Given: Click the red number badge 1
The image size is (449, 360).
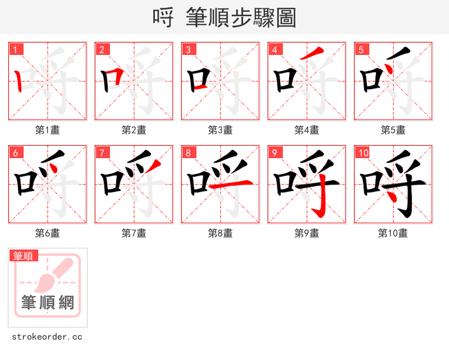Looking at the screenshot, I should coord(16,49).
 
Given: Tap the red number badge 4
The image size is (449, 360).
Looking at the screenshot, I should coord(275,49).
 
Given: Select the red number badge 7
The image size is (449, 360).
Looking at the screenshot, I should coord(102,153).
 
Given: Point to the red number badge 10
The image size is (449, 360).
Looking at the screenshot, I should coord(363,153).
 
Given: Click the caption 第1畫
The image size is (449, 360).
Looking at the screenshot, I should coord(48,130).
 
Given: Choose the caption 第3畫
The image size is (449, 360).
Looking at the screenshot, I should coord(221,130).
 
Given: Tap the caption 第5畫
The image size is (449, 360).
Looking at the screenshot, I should coord(393,130).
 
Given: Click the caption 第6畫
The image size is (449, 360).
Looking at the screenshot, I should coord(48,233).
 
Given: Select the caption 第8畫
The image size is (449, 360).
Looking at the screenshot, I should coord(221,233).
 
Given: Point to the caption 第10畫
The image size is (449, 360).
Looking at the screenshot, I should coord(393,233).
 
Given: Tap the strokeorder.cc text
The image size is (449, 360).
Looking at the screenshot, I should coord(47,337).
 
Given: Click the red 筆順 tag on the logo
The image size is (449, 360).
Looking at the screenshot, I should coord(24,256).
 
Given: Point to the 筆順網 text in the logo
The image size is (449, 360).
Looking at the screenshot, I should coord(48,303).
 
